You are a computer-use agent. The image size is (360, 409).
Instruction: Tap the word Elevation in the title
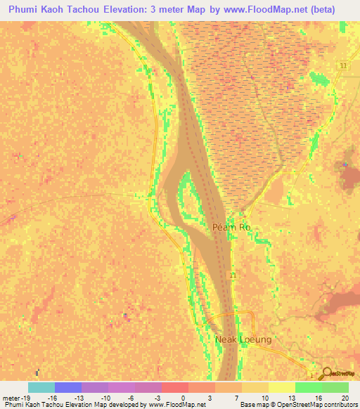[x=153, y=9]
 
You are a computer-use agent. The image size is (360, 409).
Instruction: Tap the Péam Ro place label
[x=231, y=228]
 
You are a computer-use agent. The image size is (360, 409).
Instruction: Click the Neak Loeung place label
[x=243, y=339]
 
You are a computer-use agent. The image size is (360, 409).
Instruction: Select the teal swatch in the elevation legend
[x=41, y=387]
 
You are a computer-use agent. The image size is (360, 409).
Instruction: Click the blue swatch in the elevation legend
[x=68, y=387]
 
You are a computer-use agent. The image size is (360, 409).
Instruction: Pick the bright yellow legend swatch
[x=281, y=387]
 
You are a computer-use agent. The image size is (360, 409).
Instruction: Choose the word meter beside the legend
[x=10, y=397]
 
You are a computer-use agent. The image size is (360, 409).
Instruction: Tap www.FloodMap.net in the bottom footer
[x=179, y=405]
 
